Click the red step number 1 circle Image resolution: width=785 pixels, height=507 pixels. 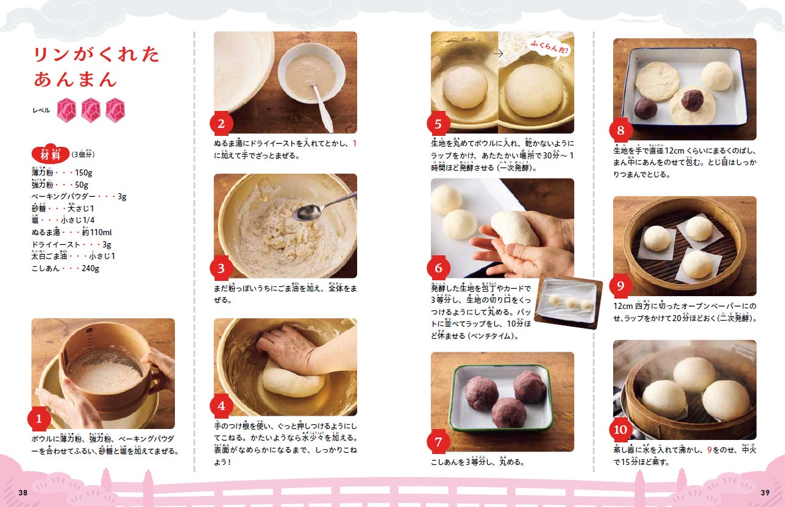(39, 419)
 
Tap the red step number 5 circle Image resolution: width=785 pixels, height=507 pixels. (439, 124)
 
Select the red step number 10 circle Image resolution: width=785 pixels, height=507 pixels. (620, 430)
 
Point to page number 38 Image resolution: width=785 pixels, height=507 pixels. (23, 492)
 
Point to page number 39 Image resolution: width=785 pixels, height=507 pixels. (765, 492)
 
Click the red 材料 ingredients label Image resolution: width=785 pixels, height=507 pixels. (50, 155)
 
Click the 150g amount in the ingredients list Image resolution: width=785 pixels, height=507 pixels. (83, 172)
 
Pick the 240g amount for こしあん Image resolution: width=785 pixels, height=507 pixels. (90, 268)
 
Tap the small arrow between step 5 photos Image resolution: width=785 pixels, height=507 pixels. (498, 54)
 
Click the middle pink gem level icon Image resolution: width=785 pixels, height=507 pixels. (91, 110)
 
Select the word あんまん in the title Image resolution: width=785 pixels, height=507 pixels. (75, 79)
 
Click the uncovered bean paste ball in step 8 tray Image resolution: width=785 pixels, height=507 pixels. (645, 108)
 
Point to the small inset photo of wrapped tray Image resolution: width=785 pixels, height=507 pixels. (567, 302)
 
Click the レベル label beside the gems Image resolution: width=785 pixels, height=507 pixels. (41, 111)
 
